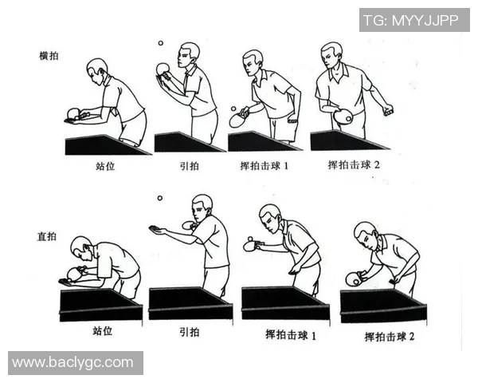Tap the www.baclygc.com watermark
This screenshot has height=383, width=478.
click(x=73, y=362)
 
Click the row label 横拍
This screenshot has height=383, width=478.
click(x=49, y=56)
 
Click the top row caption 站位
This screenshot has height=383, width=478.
click(x=105, y=168)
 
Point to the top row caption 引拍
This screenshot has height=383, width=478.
click(x=188, y=168)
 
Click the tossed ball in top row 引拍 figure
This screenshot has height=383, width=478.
click(x=161, y=44)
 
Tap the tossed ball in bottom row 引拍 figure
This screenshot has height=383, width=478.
click(x=160, y=198)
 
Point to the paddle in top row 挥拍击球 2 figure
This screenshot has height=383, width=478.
click(x=343, y=117)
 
